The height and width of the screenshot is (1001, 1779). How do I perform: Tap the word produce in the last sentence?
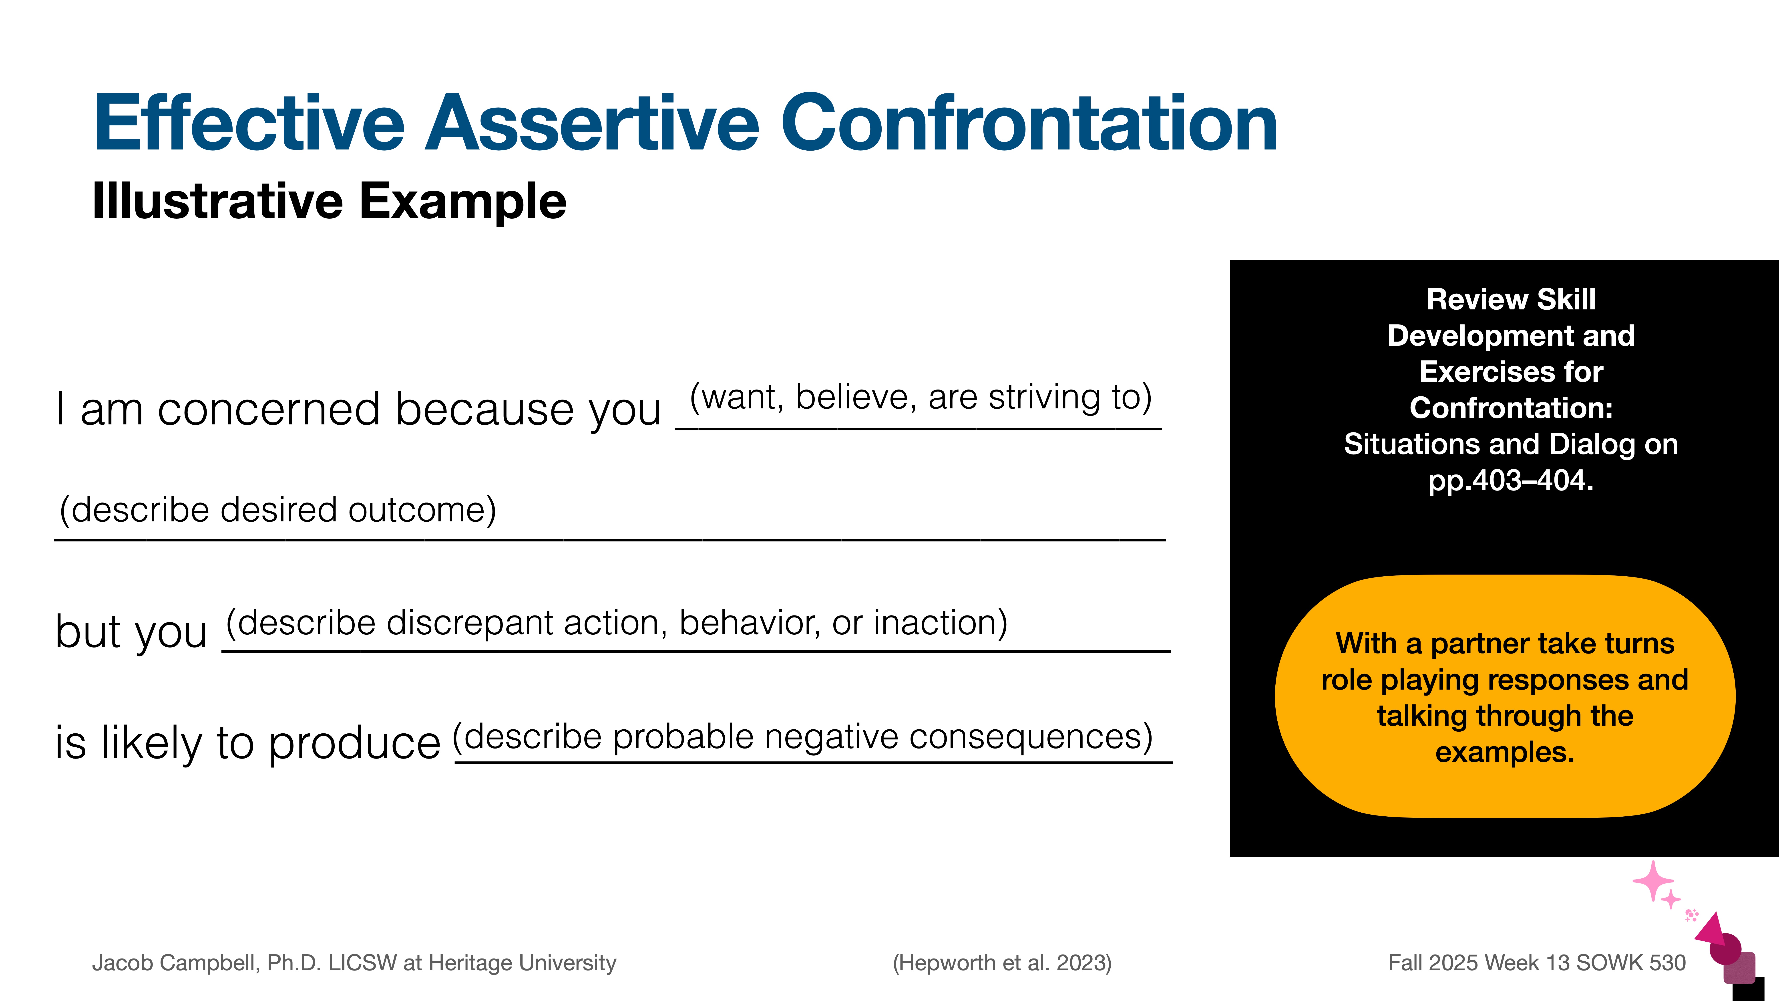tap(354, 743)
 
